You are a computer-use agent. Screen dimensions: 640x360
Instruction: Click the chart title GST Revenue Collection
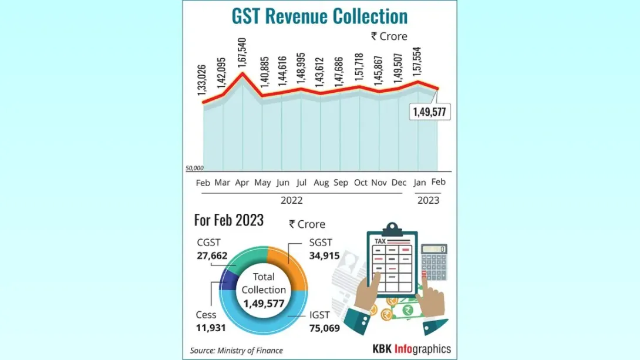319,16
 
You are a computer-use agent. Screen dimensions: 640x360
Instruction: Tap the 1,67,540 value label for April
242,53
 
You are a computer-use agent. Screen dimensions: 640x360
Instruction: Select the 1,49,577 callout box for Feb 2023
430,112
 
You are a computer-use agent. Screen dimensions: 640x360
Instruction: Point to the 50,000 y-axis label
194,168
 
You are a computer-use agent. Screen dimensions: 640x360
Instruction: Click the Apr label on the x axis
242,183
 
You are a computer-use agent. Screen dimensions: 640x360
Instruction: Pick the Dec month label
399,183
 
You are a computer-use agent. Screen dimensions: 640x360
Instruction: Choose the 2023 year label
428,200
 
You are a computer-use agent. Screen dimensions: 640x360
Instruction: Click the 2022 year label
291,200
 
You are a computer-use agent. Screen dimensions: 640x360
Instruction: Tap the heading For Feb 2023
228,220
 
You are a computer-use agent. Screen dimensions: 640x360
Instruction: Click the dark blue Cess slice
228,281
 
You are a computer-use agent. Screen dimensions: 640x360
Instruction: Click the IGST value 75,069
325,328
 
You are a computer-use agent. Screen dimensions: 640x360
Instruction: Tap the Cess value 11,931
211,328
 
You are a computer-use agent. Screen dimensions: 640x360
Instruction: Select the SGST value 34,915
325,256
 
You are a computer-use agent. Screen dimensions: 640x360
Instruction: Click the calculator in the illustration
434,262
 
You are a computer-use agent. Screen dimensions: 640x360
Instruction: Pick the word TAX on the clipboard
380,241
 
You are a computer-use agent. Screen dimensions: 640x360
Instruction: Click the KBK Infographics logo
412,349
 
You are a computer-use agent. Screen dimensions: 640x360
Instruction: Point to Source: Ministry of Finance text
236,350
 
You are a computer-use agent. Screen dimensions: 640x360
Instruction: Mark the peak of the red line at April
243,73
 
